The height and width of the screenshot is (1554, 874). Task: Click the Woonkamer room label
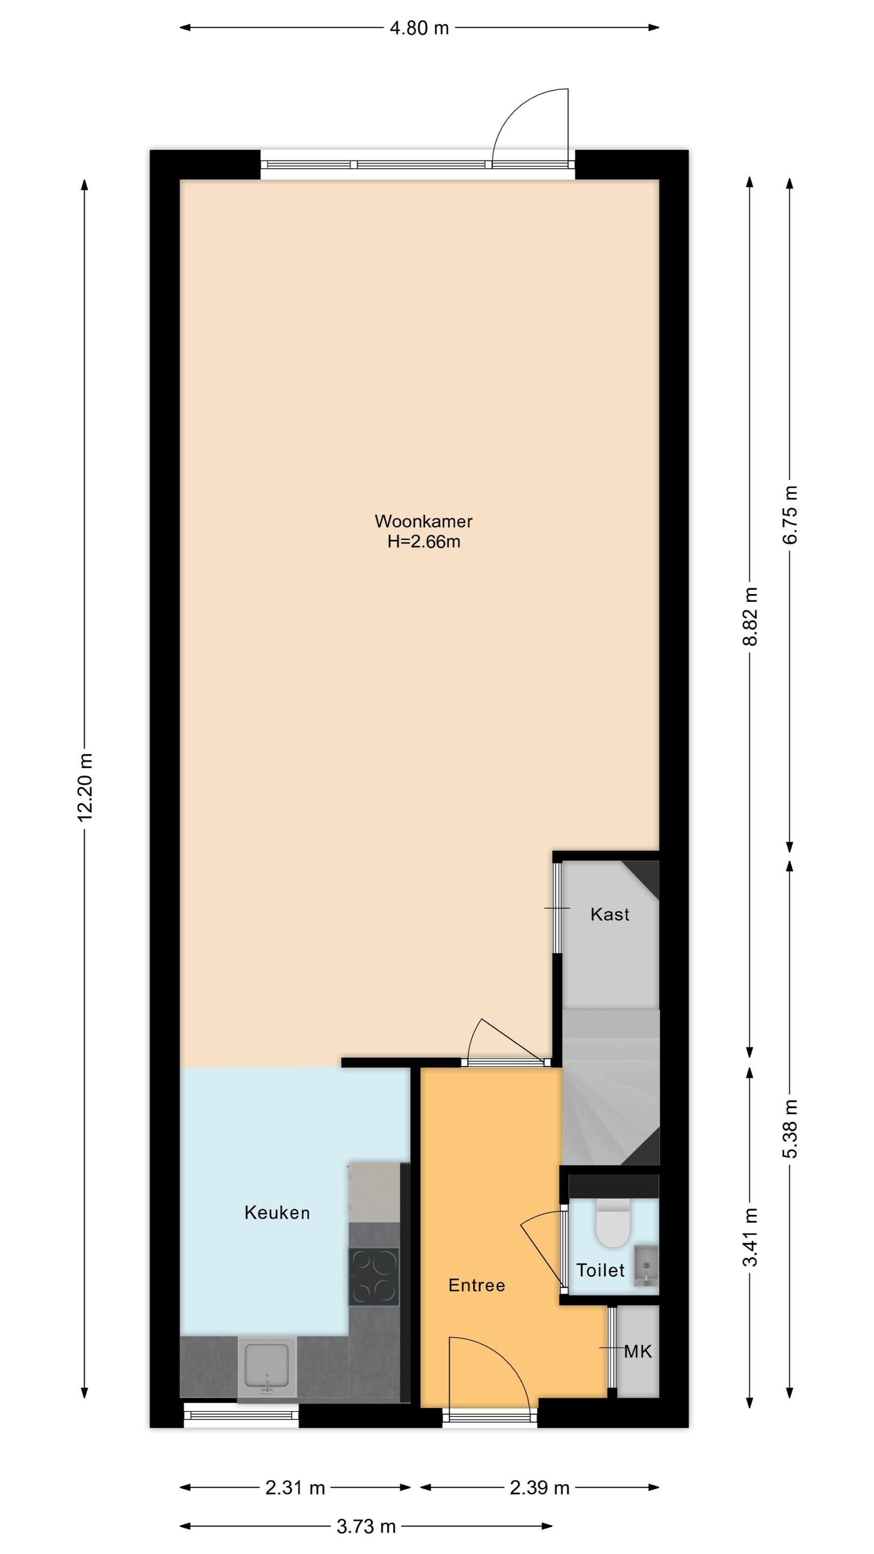coord(424,521)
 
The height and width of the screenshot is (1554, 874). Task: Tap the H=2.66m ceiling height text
coord(424,542)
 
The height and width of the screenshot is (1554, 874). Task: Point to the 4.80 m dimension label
coord(419,28)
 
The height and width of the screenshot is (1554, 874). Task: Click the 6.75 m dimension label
coord(790,514)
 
